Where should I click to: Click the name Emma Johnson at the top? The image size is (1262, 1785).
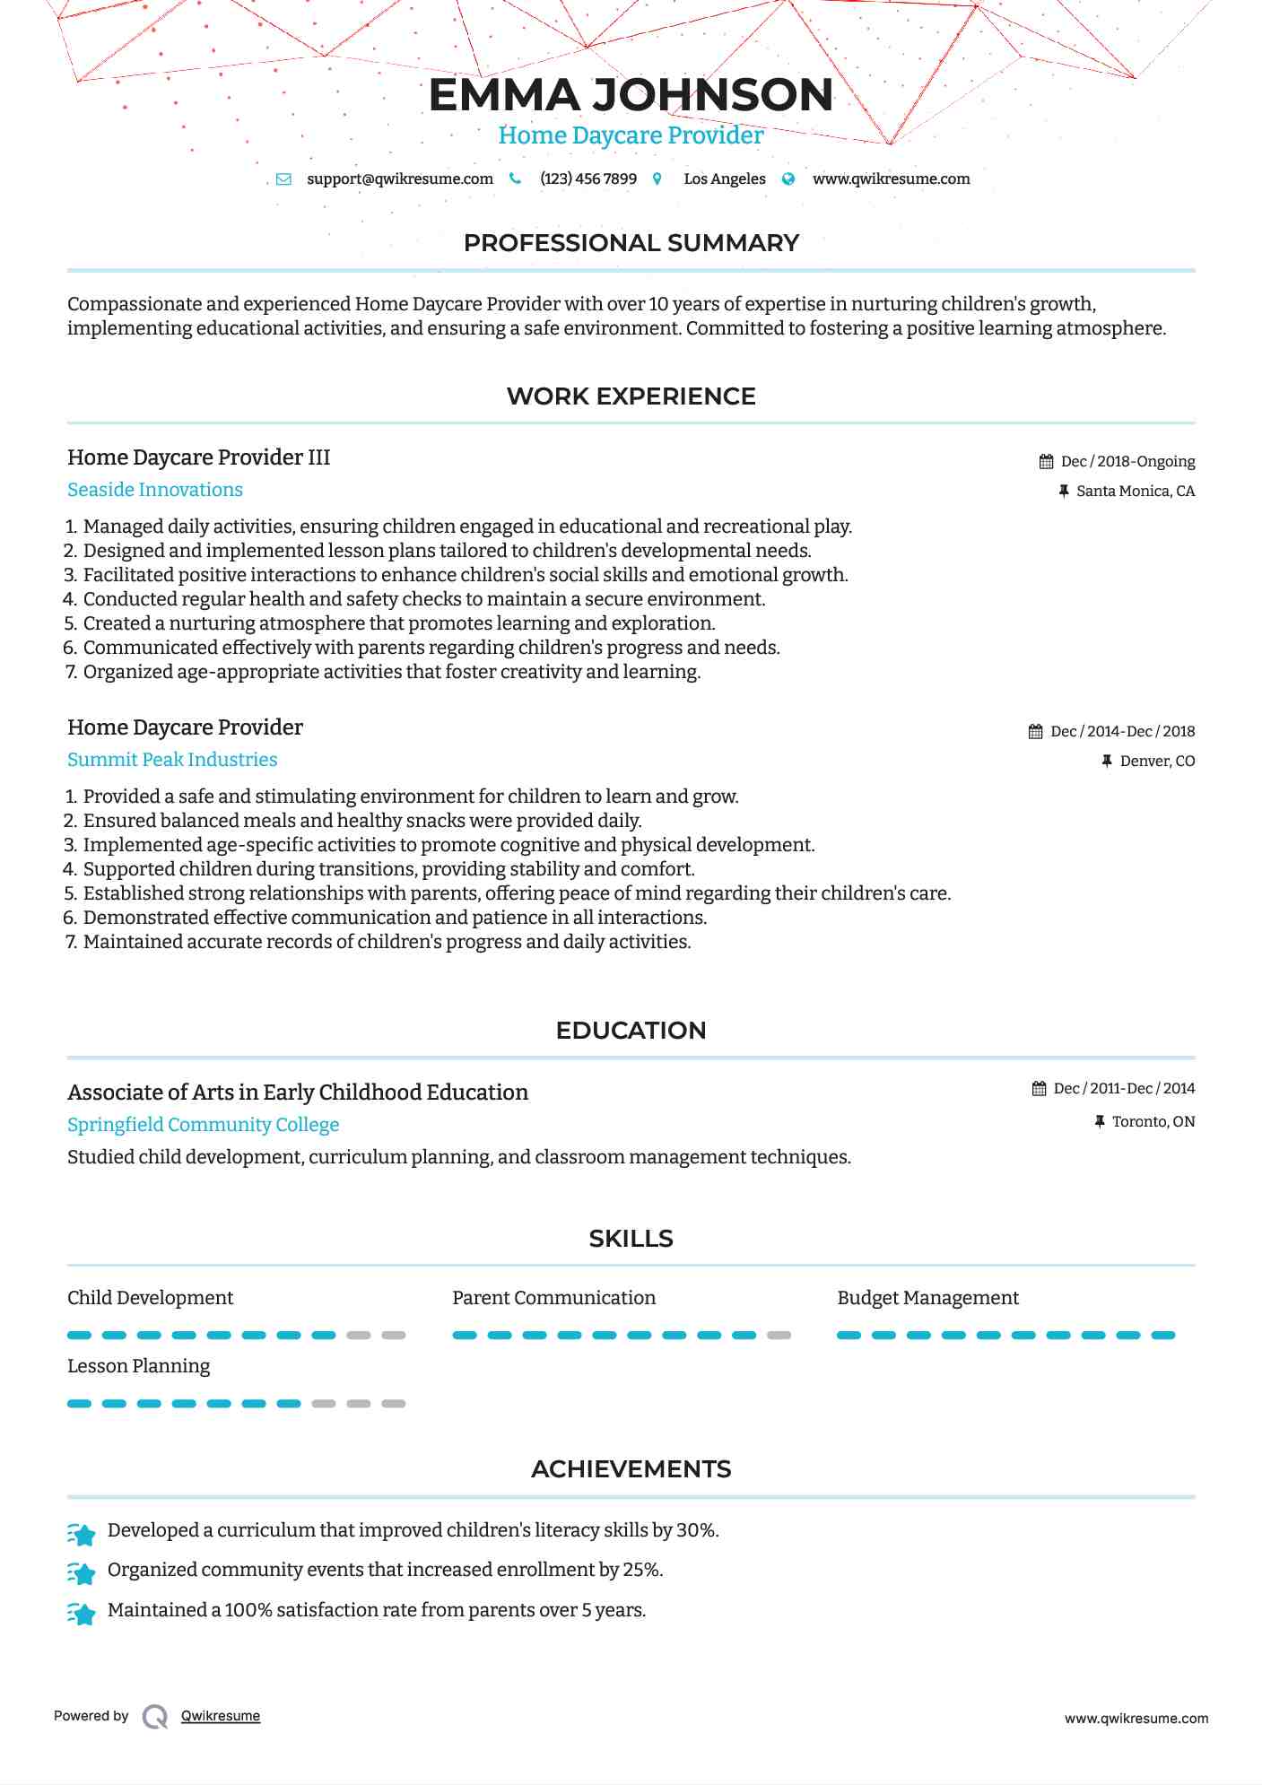tap(631, 95)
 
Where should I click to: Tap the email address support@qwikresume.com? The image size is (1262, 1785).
tap(399, 178)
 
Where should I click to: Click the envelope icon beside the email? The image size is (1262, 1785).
tap(283, 178)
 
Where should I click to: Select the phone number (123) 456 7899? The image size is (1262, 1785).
tap(587, 178)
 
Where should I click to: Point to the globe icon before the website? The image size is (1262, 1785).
tap(788, 178)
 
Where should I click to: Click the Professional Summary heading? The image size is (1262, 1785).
tap(631, 243)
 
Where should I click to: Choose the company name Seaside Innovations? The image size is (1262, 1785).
tap(155, 490)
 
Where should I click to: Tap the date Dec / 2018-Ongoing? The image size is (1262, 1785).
tap(1127, 461)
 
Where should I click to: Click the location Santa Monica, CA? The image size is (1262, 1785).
tap(1135, 491)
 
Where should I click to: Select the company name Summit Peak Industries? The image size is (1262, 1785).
tap(172, 760)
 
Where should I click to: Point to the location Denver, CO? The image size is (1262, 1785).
tap(1157, 761)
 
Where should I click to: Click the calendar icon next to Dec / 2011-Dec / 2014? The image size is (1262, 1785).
tap(1039, 1089)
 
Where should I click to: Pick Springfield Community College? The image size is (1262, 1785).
tap(203, 1125)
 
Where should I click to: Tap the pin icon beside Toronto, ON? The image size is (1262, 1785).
tap(1100, 1121)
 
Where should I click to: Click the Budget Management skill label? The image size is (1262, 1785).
tap(927, 1298)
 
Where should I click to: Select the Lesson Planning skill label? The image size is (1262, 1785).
tap(138, 1366)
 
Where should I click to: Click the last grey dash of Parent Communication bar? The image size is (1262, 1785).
tap(779, 1336)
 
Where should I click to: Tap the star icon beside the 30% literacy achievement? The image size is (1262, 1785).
tap(82, 1535)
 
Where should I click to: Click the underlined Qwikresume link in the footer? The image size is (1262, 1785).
tap(221, 1716)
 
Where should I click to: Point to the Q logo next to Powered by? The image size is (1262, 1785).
tap(155, 1716)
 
